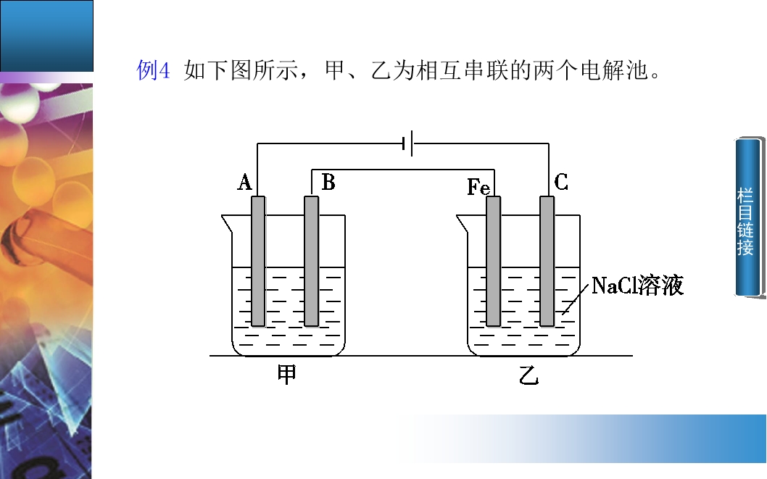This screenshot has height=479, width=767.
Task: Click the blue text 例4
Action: (153, 70)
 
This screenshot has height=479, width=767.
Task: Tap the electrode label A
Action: (244, 183)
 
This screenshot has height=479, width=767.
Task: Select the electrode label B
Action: (328, 183)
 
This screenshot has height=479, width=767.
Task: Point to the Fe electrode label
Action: (478, 187)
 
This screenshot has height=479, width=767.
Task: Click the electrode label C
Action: (561, 183)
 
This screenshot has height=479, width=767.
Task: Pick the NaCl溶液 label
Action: (637, 286)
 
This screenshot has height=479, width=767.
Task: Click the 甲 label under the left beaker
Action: (287, 375)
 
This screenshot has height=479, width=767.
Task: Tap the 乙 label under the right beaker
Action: (528, 375)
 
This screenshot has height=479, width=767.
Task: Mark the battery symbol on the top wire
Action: (408, 143)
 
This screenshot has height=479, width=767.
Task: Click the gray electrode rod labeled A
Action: (258, 261)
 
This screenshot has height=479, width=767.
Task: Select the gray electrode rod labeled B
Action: (312, 261)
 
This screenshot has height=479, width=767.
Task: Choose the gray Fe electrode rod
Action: (494, 261)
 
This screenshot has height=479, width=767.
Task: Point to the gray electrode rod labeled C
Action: (547, 261)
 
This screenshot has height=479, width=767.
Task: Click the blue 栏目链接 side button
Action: (749, 217)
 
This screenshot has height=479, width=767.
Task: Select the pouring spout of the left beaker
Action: (228, 224)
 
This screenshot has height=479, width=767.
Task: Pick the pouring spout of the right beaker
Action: (463, 224)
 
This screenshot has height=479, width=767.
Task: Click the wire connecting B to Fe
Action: (403, 170)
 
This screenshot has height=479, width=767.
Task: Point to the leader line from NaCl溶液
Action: (576, 299)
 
